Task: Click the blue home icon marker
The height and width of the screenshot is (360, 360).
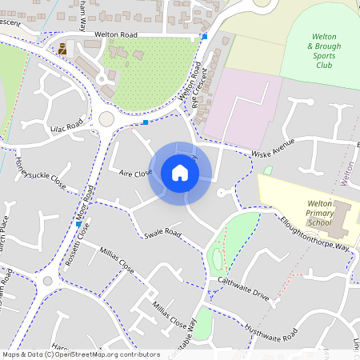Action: point(180,173)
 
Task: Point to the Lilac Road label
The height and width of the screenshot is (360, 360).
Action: point(65,126)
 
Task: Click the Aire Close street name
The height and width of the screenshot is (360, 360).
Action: point(135,173)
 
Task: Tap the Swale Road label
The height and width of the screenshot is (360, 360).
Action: point(162,234)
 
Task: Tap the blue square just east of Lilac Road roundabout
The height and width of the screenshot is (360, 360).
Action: point(146,122)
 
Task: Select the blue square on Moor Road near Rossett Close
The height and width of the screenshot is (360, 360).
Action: point(78,225)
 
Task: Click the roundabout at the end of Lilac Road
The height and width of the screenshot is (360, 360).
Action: point(106,118)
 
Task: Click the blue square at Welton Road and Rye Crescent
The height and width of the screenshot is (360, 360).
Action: point(205,37)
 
